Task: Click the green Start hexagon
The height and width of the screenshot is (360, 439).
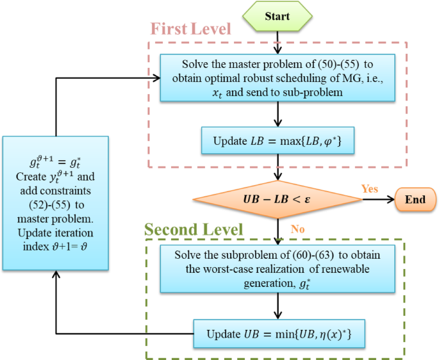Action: click(x=277, y=16)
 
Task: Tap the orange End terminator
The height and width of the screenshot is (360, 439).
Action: click(x=415, y=200)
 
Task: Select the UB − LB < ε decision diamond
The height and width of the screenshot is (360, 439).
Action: click(x=277, y=200)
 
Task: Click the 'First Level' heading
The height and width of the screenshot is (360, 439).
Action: click(x=190, y=29)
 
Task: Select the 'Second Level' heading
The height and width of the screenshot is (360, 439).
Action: click(x=194, y=229)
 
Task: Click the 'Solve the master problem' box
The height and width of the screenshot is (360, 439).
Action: click(x=277, y=79)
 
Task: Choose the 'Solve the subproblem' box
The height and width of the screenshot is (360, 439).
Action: click(x=277, y=266)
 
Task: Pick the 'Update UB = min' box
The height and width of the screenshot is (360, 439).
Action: click(x=277, y=333)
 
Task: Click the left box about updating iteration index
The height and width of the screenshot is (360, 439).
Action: click(x=56, y=203)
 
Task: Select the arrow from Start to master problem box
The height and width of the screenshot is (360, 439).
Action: click(x=277, y=42)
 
